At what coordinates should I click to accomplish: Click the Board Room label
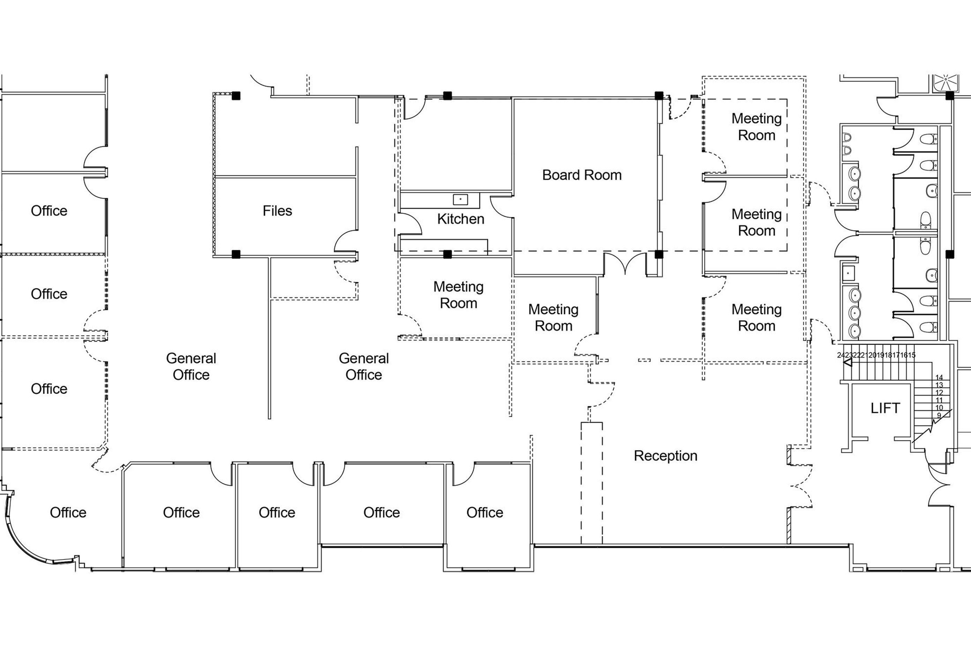click(582, 175)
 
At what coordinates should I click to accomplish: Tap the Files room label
click(277, 211)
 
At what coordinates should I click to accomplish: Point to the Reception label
click(665, 456)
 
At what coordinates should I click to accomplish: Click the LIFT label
click(885, 408)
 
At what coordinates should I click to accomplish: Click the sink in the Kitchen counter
click(460, 200)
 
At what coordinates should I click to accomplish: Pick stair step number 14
click(939, 378)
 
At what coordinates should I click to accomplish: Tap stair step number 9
click(939, 416)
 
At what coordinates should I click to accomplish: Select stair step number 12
click(939, 393)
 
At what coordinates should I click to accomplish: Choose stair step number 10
click(939, 408)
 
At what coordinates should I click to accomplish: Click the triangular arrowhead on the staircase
click(848, 363)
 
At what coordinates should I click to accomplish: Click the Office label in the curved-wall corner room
click(68, 512)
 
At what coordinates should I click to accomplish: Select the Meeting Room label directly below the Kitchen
click(458, 295)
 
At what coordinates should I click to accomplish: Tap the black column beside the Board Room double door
click(659, 254)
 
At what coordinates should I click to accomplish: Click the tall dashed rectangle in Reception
click(592, 483)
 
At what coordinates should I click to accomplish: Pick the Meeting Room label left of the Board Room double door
click(553, 318)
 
